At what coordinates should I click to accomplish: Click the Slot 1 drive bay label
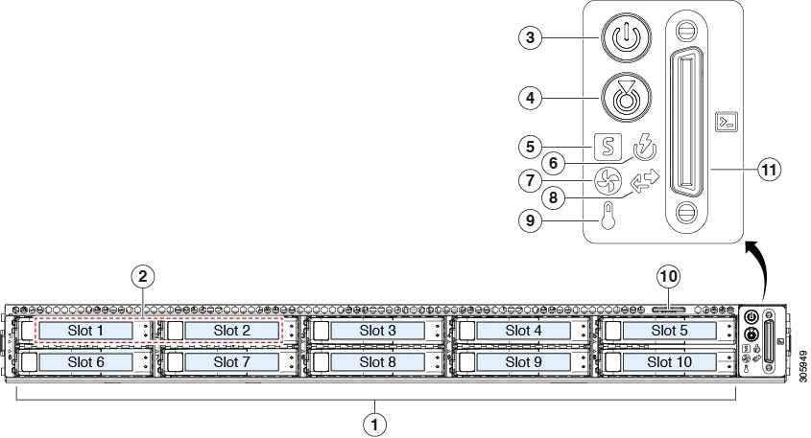[85, 331]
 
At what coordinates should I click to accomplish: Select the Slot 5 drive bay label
[669, 331]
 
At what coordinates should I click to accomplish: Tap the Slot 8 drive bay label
[377, 362]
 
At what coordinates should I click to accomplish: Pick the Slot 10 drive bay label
[669, 362]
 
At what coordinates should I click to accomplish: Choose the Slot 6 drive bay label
[85, 362]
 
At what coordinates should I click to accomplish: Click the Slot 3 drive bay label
[377, 331]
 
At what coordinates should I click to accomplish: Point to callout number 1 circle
[375, 422]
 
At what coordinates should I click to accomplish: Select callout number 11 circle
[767, 170]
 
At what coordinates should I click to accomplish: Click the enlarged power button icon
[625, 38]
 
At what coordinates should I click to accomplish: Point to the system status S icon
[608, 147]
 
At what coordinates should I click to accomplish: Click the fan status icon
[608, 180]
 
